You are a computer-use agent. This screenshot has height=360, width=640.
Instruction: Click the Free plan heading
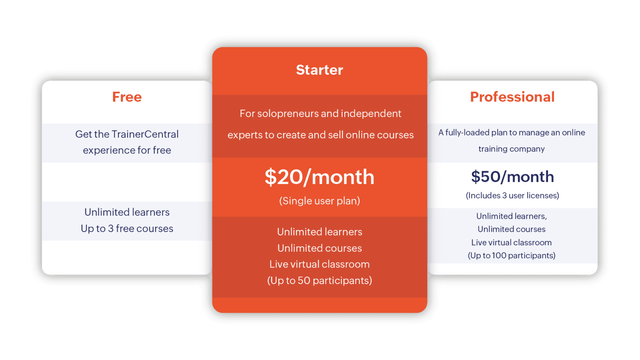coord(127,97)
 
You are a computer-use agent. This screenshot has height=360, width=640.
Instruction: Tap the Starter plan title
coord(320,70)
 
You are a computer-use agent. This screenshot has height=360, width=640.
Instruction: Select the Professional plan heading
coord(512,97)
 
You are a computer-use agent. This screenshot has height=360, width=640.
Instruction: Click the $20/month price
coord(320,177)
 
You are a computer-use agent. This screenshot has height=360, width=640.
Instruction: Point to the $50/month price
coord(512,176)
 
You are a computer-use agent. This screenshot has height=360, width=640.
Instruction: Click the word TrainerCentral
coord(145,134)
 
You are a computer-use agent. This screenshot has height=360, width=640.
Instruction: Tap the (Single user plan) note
coord(320,201)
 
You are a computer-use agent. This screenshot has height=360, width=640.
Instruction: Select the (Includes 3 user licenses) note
coord(512,196)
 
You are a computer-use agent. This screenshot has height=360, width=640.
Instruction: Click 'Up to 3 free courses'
coord(127,228)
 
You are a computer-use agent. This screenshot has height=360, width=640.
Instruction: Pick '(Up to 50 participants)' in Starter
coord(320,280)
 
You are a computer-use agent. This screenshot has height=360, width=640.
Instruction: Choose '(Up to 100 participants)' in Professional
coord(512,256)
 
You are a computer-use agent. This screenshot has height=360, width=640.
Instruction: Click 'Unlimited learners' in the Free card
coord(127,212)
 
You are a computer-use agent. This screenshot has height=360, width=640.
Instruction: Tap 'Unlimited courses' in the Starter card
coord(320,248)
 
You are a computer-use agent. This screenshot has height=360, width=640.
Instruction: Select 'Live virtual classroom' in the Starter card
coord(320,264)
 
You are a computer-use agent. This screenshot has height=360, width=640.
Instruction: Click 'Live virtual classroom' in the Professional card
coord(512,242)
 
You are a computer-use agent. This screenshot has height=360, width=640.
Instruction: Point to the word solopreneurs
coord(288,114)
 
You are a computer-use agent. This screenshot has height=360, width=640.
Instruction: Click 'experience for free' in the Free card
coord(127,150)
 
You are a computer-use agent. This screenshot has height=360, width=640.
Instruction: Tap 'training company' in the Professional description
coord(512,149)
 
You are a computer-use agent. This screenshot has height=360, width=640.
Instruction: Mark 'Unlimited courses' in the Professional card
coord(512,229)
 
